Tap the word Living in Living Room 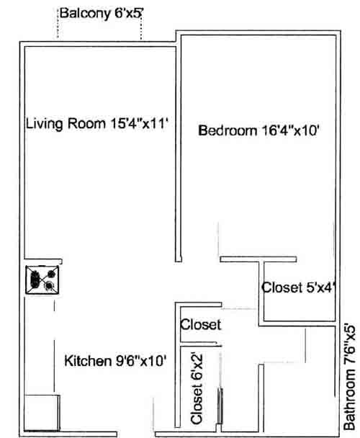pyautogui.click(x=42, y=123)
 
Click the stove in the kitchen pyautogui.click(x=42, y=279)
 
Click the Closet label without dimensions pyautogui.click(x=200, y=325)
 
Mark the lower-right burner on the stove pyautogui.click(x=50, y=286)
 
